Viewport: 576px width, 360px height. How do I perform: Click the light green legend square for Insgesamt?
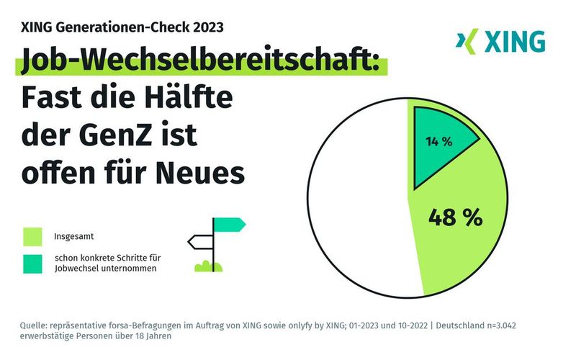(x=33, y=236)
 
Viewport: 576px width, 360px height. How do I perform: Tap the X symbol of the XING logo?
(x=467, y=42)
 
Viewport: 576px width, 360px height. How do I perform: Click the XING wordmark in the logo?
(x=514, y=42)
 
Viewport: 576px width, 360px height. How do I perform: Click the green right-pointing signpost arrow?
(x=229, y=225)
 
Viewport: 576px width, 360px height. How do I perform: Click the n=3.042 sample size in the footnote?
(x=525, y=325)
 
